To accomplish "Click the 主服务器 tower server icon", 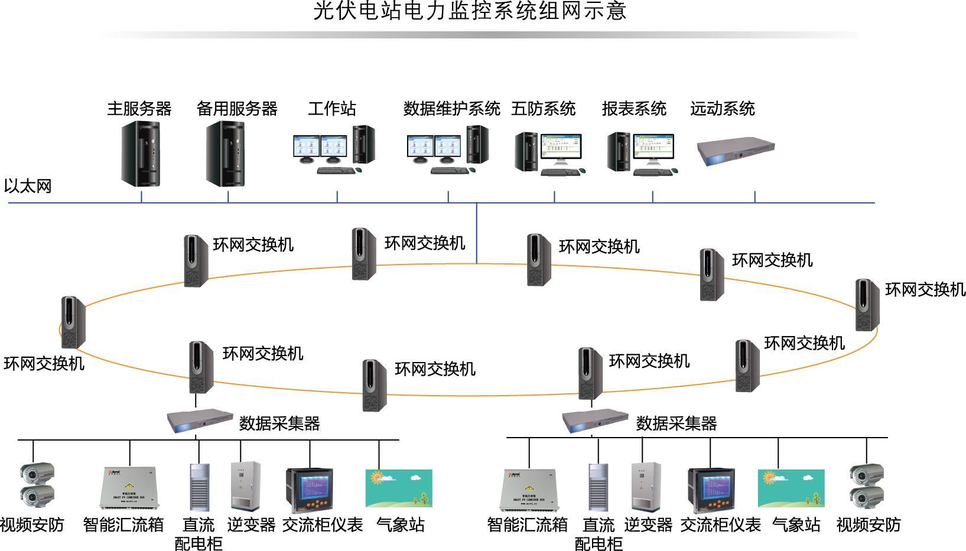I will tap(141, 154).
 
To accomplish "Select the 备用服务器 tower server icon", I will tap(225, 154).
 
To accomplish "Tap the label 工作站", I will tap(331, 109).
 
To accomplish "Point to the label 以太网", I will tap(28, 186).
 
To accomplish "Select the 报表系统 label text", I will tap(633, 109).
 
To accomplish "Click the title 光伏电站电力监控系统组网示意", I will tap(470, 11).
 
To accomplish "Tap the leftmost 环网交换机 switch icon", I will tap(73, 322).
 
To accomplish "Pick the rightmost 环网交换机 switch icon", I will tap(867, 305).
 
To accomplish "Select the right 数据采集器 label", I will tap(676, 423).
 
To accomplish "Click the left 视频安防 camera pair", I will tap(38, 486).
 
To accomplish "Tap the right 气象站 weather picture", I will tap(791, 488).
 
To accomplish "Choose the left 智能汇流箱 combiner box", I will tap(128, 488).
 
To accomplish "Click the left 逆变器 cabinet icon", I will tap(245, 486).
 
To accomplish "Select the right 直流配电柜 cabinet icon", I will tap(598, 487).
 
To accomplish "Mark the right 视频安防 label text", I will tap(868, 524).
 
